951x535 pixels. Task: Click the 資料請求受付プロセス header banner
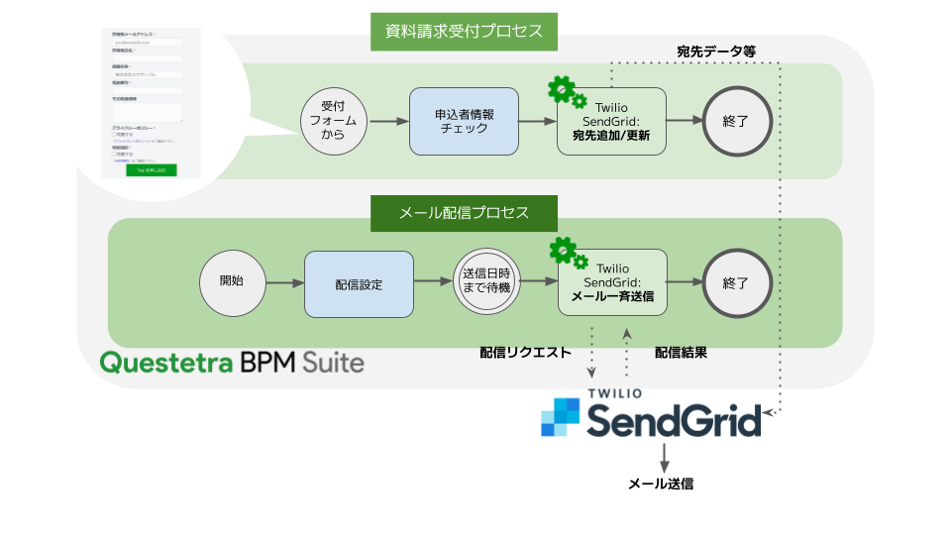(464, 32)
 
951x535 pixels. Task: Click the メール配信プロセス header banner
(464, 213)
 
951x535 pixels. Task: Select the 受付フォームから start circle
(333, 120)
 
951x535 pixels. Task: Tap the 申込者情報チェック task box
(465, 120)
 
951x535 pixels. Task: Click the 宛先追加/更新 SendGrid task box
(612, 120)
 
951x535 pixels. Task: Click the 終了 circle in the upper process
(736, 120)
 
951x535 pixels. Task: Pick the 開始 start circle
(234, 282)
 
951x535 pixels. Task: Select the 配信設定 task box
(359, 283)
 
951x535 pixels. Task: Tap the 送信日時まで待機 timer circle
(486, 281)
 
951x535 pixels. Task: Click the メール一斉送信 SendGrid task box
(612, 282)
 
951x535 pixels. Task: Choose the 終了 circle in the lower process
(736, 282)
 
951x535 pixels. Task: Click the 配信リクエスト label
(525, 352)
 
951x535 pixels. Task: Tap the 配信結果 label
(681, 352)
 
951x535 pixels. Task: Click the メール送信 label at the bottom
(661, 484)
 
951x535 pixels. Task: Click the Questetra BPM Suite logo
(232, 361)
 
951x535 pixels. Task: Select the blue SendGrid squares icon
(560, 416)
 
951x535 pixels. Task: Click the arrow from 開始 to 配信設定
(285, 282)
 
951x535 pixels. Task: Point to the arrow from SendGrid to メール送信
(664, 457)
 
